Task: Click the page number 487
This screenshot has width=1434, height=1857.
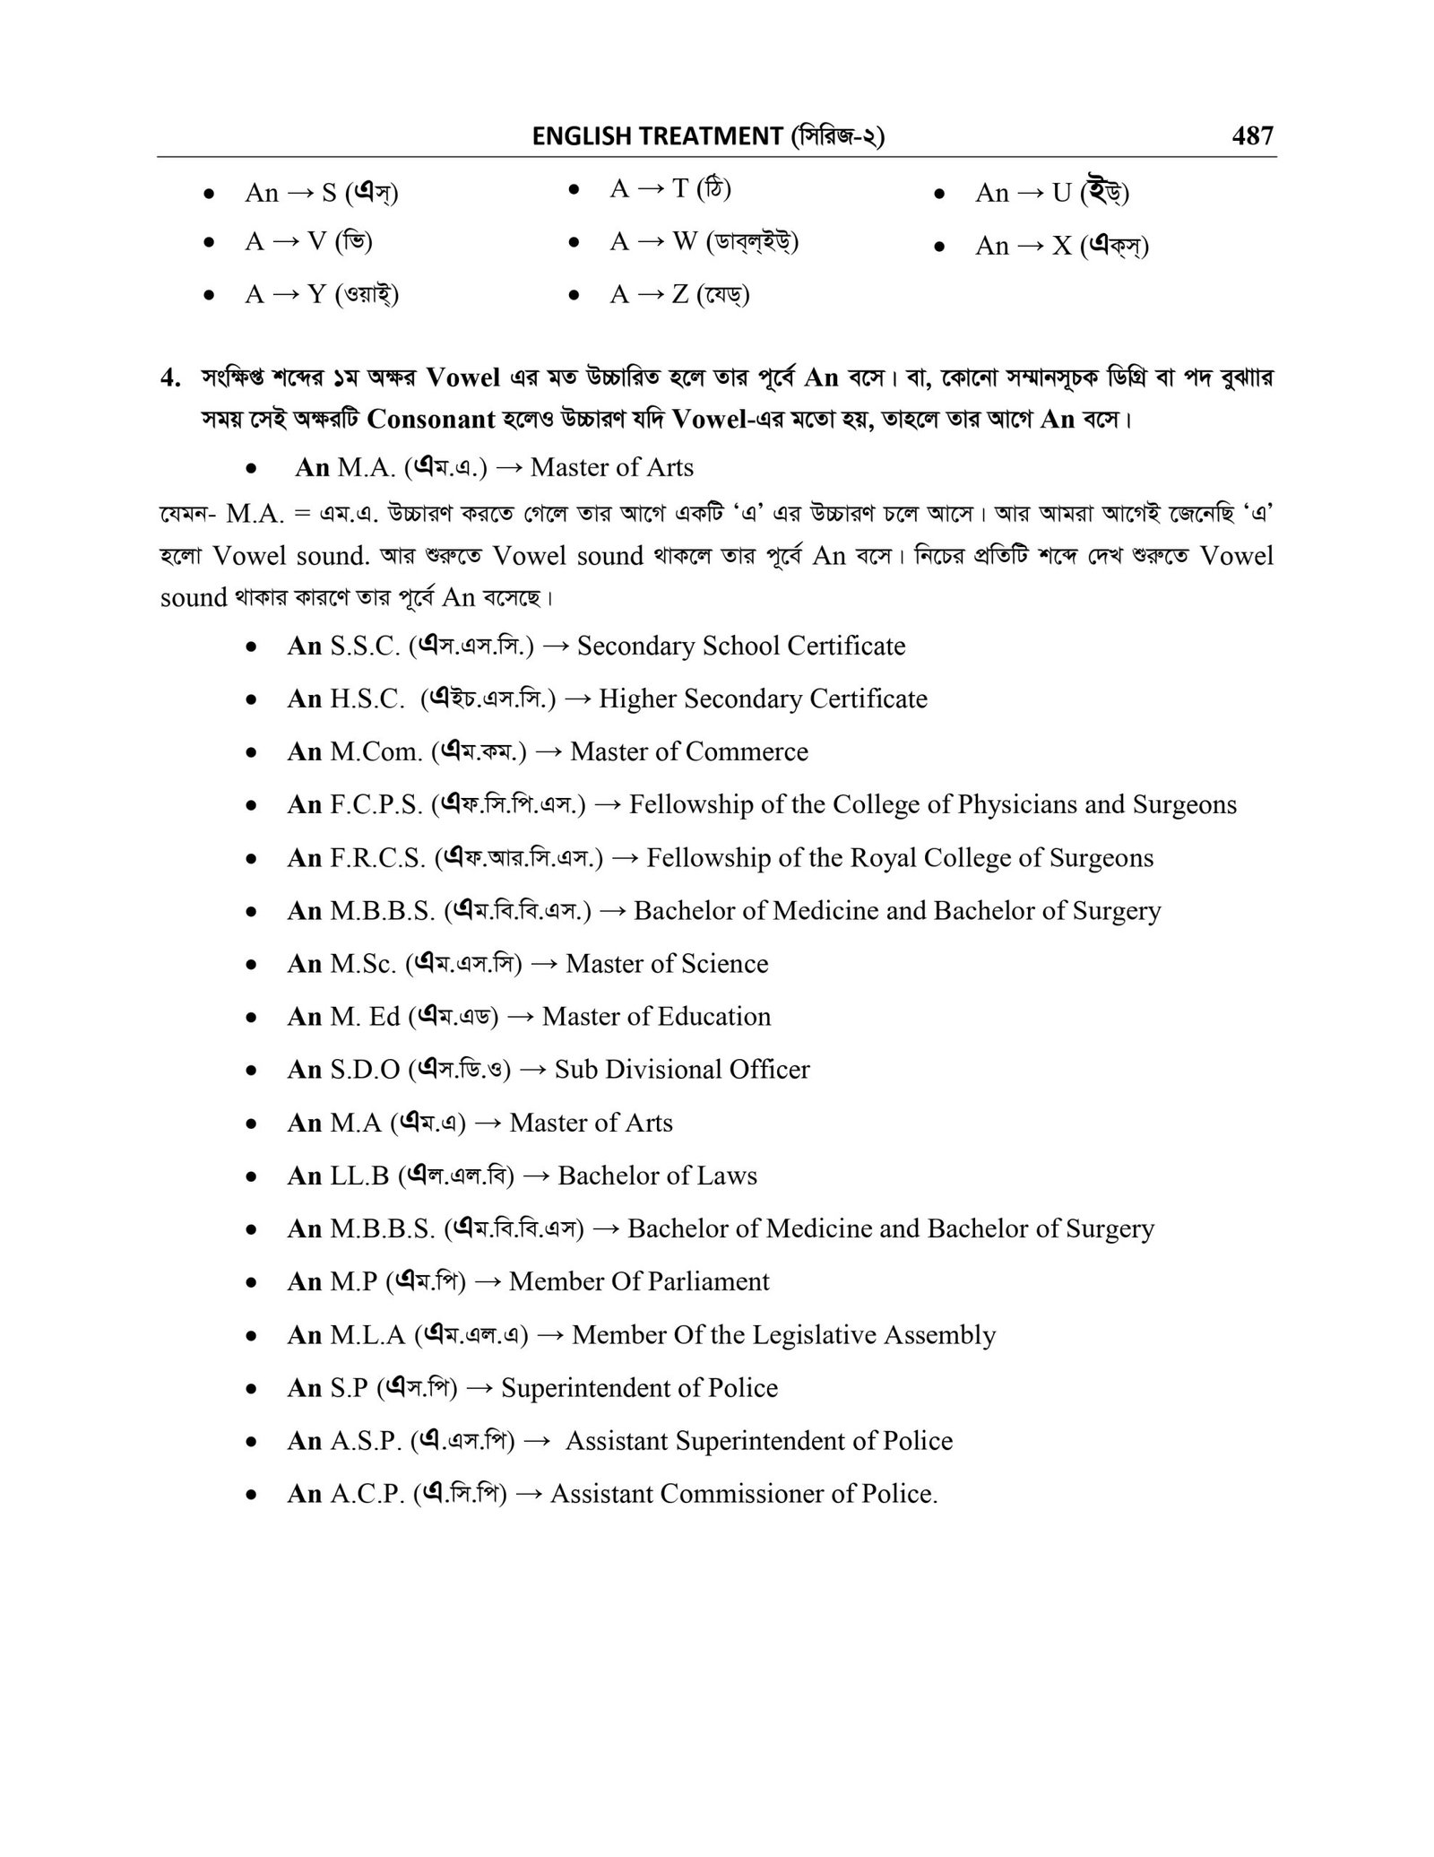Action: coord(1252,135)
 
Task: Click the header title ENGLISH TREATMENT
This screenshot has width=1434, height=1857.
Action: coord(657,136)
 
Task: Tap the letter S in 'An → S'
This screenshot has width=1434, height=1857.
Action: coord(328,193)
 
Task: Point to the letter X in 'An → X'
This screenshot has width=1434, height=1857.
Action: coord(1062,246)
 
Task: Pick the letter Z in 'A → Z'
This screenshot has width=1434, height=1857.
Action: coord(681,294)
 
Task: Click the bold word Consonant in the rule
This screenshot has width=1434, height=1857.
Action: coord(432,420)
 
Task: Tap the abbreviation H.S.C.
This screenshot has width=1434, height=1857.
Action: coord(367,699)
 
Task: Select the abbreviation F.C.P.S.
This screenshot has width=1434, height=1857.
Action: coord(376,804)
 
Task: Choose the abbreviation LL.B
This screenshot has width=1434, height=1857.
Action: coord(359,1176)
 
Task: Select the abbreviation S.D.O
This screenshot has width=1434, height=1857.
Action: coord(365,1070)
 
